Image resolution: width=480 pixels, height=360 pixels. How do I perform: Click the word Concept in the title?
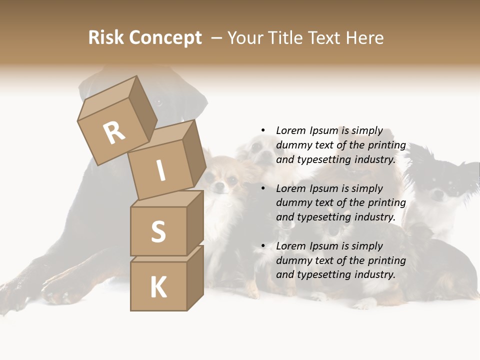click(x=165, y=38)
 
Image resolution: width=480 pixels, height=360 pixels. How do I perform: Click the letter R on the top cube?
click(x=114, y=132)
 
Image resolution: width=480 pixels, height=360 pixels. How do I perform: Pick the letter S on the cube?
click(x=158, y=231)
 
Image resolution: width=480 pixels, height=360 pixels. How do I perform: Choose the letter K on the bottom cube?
click(x=158, y=287)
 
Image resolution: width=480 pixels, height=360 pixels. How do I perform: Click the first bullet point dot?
click(x=263, y=130)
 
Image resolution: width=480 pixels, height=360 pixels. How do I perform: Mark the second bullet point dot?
click(x=263, y=188)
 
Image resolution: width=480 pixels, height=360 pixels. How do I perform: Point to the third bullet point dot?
click(x=263, y=246)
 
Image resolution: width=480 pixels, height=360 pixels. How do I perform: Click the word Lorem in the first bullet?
click(x=290, y=130)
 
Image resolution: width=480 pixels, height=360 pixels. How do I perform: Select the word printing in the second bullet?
click(x=386, y=202)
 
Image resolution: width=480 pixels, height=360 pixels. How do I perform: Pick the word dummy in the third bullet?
click(x=292, y=260)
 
